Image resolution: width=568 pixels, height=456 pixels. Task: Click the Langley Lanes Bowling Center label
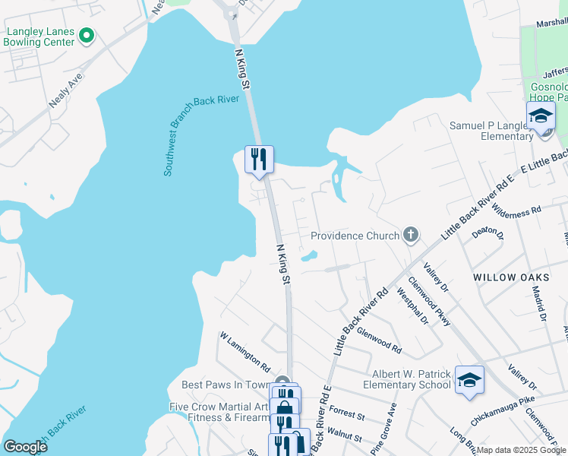click(40, 36)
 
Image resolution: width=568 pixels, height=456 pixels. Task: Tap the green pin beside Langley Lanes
click(87, 35)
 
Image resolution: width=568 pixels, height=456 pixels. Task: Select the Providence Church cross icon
click(411, 234)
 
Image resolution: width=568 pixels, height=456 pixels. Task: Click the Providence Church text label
click(355, 236)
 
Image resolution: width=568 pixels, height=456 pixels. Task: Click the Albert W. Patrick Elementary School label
click(411, 379)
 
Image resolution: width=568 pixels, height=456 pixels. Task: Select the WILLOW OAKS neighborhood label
click(505, 278)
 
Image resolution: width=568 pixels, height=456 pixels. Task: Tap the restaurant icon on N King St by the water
click(258, 159)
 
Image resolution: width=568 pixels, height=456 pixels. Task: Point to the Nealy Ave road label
click(65, 89)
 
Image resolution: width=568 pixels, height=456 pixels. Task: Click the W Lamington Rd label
click(245, 351)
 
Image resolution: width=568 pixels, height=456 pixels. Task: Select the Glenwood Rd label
click(379, 340)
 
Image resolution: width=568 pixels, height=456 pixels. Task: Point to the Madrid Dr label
click(539, 297)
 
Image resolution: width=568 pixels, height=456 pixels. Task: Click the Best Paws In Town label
click(226, 385)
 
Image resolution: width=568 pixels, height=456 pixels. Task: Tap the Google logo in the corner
click(25, 447)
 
